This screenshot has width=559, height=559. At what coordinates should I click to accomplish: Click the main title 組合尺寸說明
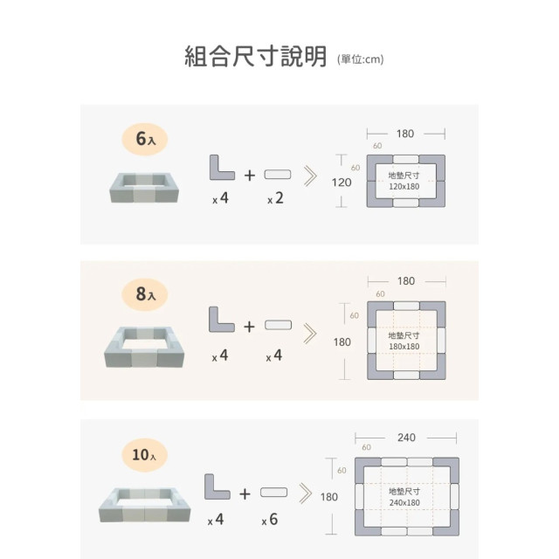(x=255, y=56)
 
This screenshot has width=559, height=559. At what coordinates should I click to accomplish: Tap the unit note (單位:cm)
(x=361, y=59)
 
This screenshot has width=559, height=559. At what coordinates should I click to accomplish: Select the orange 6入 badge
(x=145, y=139)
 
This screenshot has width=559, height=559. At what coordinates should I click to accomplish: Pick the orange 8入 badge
(x=145, y=294)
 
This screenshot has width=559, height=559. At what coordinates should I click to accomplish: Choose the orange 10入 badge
(x=145, y=455)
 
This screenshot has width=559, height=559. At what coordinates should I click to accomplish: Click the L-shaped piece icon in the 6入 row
(x=221, y=168)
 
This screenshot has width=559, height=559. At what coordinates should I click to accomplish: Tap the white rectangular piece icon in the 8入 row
(x=278, y=325)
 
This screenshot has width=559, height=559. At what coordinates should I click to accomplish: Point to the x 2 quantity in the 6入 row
(x=276, y=198)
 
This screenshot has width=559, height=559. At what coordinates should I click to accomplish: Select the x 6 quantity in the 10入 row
(x=270, y=520)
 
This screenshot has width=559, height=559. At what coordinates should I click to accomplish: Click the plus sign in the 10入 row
(x=245, y=493)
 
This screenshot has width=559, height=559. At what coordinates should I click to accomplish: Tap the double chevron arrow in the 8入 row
(x=310, y=334)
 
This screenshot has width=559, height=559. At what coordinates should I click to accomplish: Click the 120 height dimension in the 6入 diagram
(x=342, y=183)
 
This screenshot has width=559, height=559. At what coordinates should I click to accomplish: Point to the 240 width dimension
(x=406, y=438)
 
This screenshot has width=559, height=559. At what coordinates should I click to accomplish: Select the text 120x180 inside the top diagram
(x=404, y=186)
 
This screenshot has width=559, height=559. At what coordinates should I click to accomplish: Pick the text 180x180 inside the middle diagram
(x=404, y=347)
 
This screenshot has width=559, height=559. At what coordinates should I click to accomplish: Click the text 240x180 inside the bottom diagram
(x=404, y=503)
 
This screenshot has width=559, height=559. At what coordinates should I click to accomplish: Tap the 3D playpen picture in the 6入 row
(x=144, y=188)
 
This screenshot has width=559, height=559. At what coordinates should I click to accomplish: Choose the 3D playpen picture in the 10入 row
(x=144, y=505)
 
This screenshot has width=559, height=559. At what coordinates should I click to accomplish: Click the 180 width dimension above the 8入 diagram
(x=406, y=281)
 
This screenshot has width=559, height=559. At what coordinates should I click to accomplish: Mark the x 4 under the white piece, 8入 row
(x=273, y=355)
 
